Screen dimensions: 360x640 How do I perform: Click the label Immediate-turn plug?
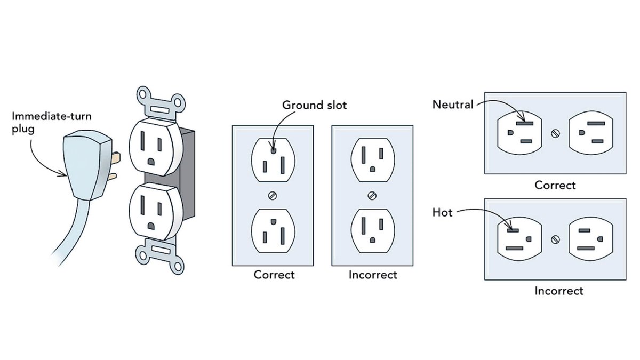pos(44,122)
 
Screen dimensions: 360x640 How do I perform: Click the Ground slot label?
pos(314,105)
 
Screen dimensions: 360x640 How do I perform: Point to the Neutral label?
pos(452,105)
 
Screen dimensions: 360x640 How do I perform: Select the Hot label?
pos(443,213)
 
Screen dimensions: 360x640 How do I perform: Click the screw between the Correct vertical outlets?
pos(273,195)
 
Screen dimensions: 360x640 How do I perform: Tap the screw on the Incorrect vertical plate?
pos(372,195)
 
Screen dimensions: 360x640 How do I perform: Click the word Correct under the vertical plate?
pos(274,275)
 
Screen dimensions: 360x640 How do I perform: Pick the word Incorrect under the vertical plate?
pos(373,275)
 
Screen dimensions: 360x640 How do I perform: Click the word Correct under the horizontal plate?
pos(555,186)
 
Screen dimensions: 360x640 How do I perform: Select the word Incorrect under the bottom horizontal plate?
pos(559,291)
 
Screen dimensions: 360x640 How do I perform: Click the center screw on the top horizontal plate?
pos(555,133)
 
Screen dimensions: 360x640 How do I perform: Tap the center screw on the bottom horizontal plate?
pos(555,239)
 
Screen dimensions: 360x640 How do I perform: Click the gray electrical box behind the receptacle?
pos(184,160)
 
